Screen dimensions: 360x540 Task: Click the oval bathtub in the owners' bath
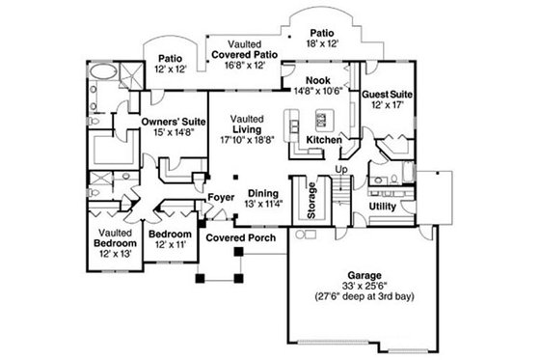coord(101,73)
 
